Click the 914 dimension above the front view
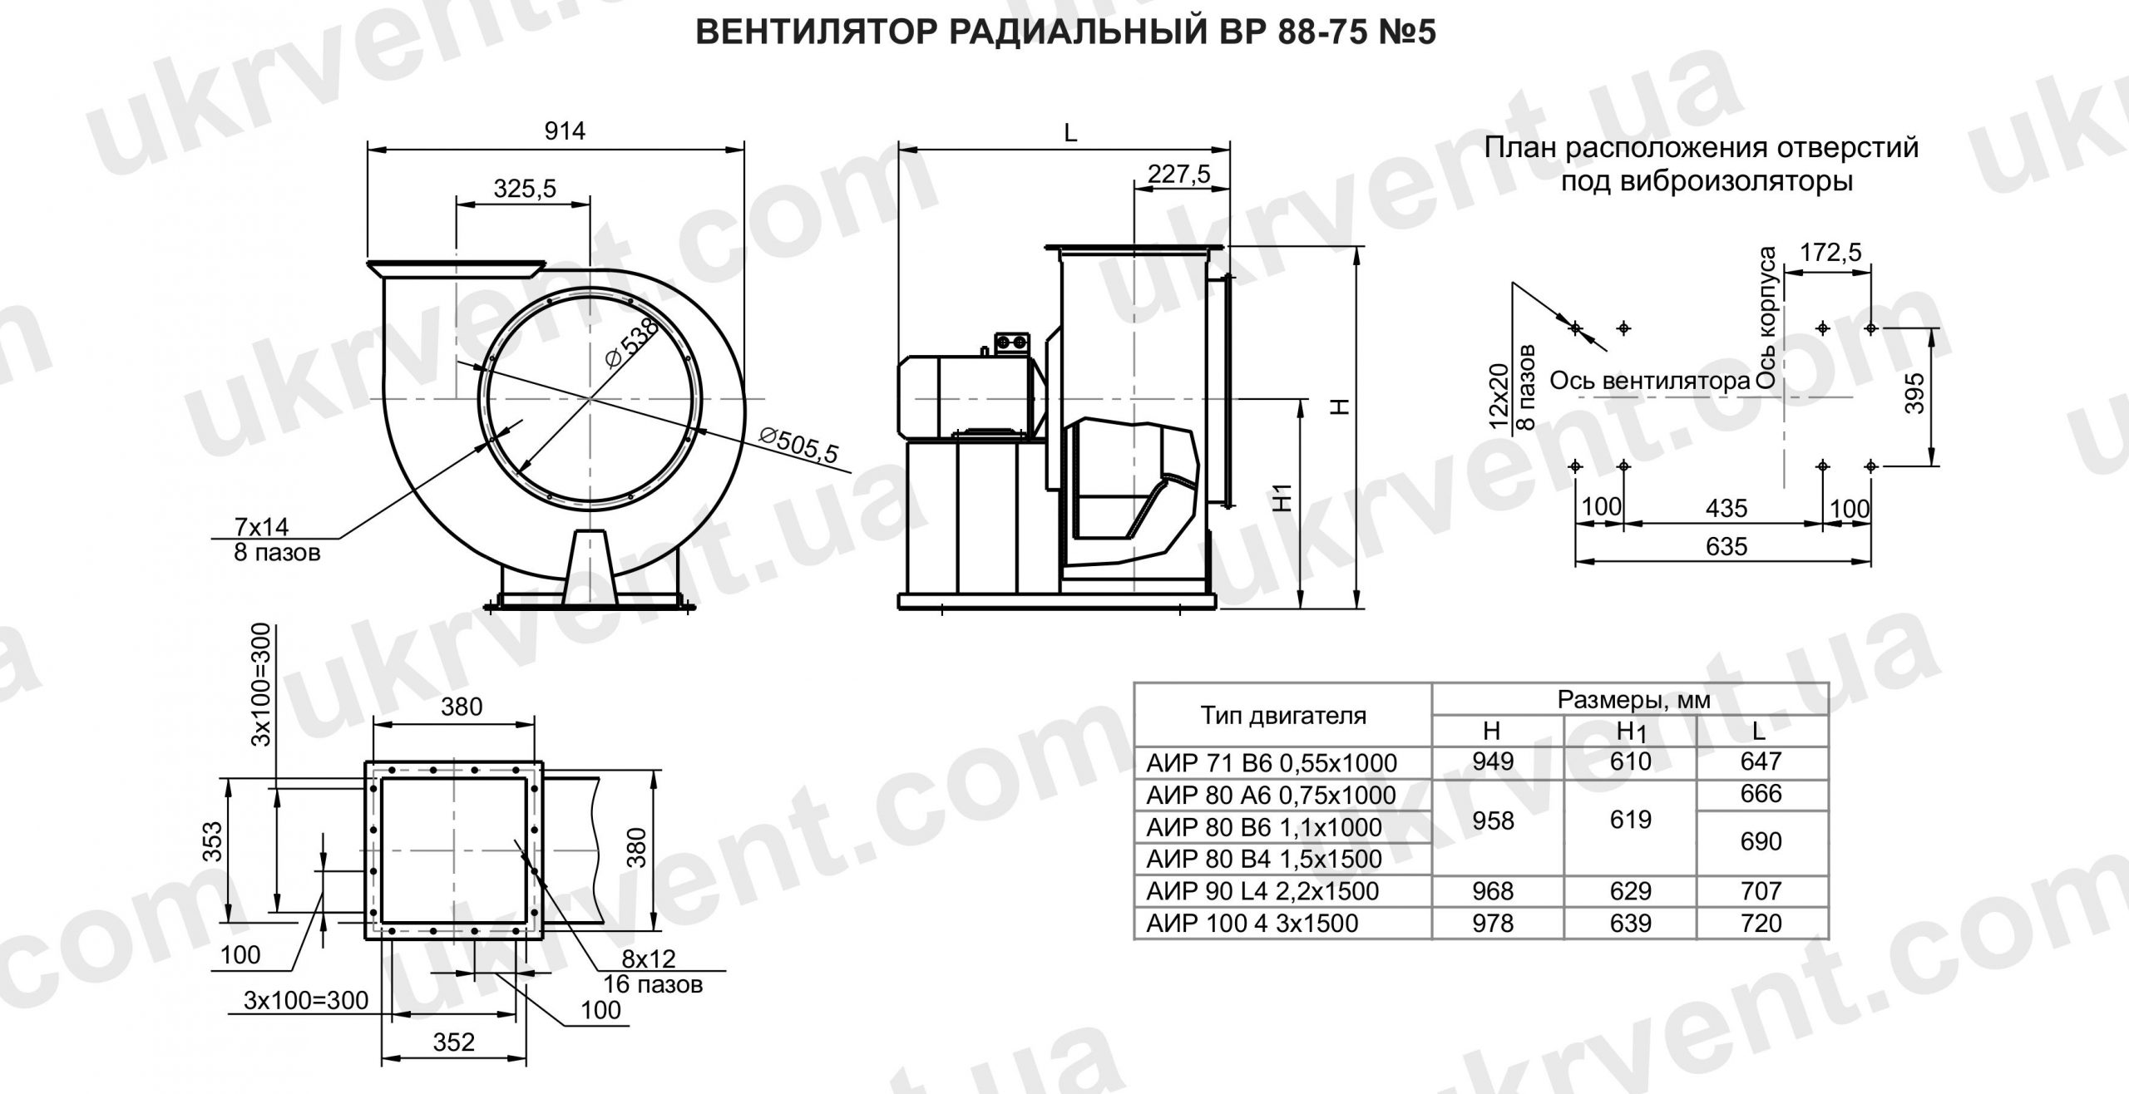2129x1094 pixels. click(565, 131)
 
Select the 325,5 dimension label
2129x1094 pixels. click(524, 190)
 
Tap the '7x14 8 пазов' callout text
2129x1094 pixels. click(274, 539)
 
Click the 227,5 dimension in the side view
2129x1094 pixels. click(1178, 174)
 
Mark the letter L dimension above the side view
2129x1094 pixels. click(1070, 133)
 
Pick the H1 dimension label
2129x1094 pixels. click(1284, 496)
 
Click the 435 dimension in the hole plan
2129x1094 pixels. click(1726, 507)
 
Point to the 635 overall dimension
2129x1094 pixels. click(1726, 546)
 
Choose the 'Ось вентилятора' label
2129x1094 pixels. click(1650, 382)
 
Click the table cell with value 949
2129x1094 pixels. click(1493, 761)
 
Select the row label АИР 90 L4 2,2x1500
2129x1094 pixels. click(1262, 891)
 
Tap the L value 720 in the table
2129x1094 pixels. click(1761, 923)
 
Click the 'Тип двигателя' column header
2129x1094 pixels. click(1282, 715)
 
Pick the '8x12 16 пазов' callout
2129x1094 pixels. click(652, 971)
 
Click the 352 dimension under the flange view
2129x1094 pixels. click(453, 1041)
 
